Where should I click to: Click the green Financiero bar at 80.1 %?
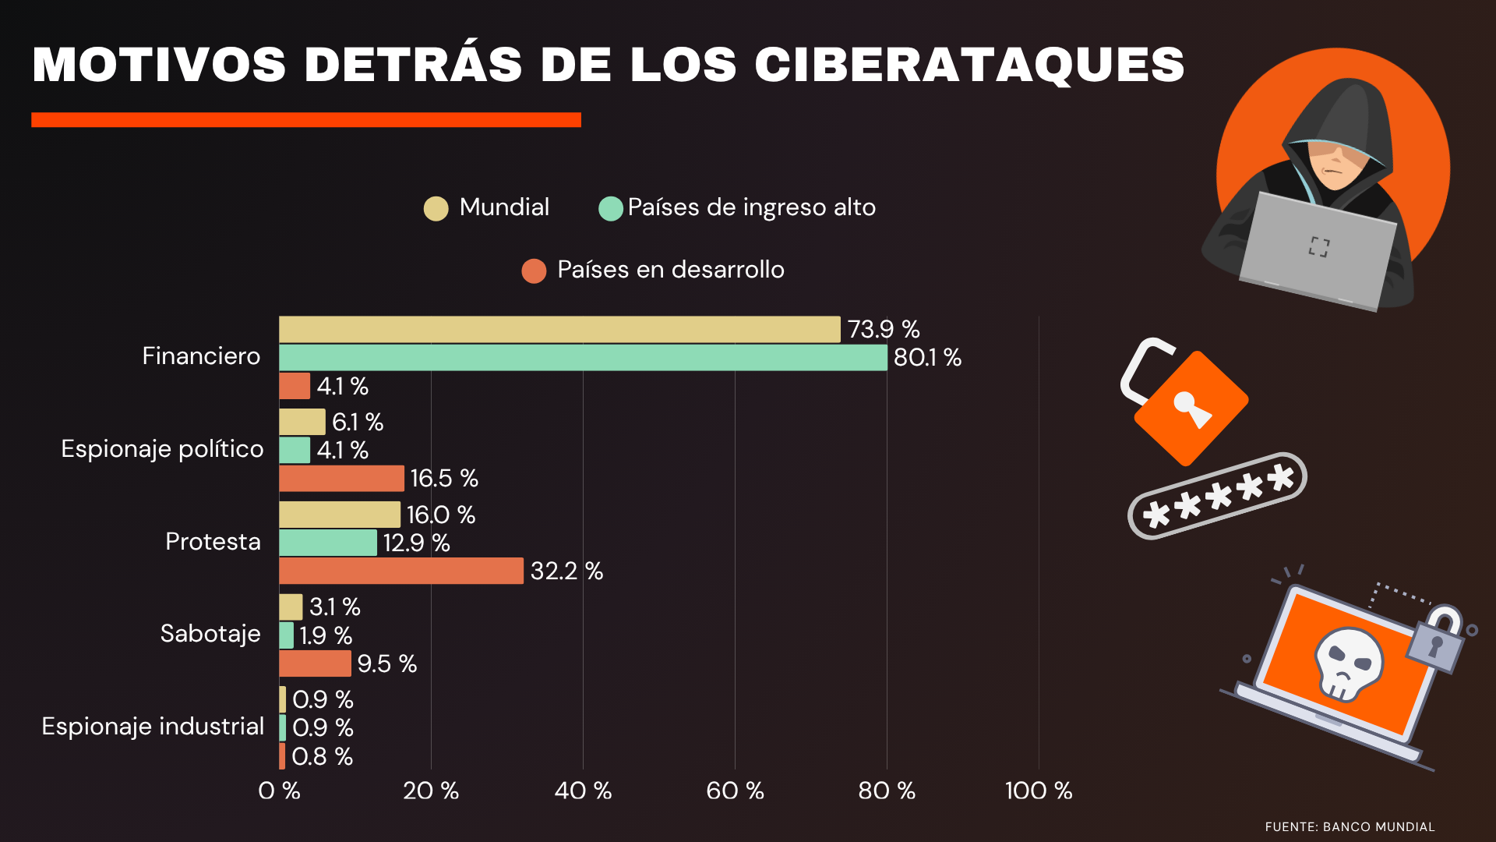(x=583, y=358)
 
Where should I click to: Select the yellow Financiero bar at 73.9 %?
(x=559, y=329)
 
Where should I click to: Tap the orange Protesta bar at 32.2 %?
(x=401, y=571)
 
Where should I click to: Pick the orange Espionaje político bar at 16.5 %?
(x=341, y=478)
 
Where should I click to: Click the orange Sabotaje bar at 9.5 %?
(x=315, y=663)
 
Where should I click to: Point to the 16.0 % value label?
(x=440, y=515)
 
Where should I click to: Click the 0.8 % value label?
(x=322, y=756)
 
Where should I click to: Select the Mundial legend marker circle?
(x=436, y=208)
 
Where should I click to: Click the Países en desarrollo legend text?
(x=670, y=270)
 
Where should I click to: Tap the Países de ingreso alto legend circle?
(x=610, y=208)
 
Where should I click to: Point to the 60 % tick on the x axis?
(x=734, y=791)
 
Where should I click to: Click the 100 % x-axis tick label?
(x=1038, y=791)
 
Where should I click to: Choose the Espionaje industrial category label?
(x=153, y=727)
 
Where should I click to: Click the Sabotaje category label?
(x=210, y=634)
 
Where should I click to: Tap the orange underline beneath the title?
(x=306, y=119)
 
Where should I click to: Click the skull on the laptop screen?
(x=1348, y=663)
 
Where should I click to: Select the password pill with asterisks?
(x=1217, y=496)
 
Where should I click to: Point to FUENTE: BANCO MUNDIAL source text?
(x=1350, y=826)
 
